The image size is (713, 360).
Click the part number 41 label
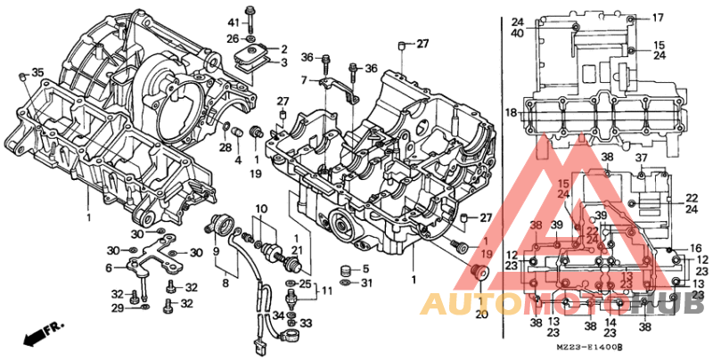[x=233, y=21]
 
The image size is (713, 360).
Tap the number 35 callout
[x=37, y=72]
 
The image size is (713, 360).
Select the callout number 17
[x=658, y=18]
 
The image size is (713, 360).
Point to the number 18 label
[x=510, y=112]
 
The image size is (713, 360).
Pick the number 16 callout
[x=697, y=248]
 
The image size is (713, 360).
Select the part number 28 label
[x=225, y=147]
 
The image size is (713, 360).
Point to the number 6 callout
[x=108, y=267]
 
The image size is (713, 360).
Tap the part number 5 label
[x=365, y=269]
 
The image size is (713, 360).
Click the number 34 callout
[x=278, y=315]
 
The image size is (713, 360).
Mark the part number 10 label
[x=260, y=209]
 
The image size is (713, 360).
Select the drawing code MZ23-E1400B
[x=589, y=347]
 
